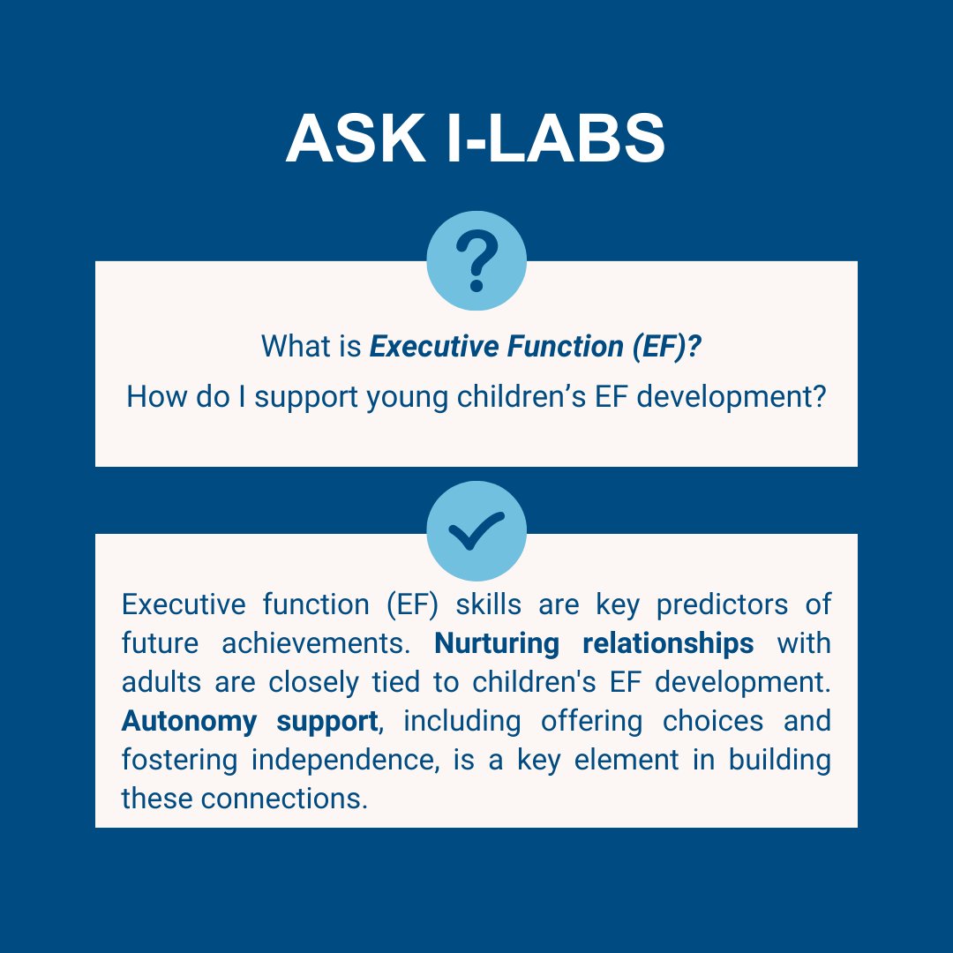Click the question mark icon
click(476, 261)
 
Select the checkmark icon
click(476, 531)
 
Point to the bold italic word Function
click(564, 346)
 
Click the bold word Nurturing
click(497, 643)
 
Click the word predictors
click(718, 604)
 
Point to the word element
click(627, 760)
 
